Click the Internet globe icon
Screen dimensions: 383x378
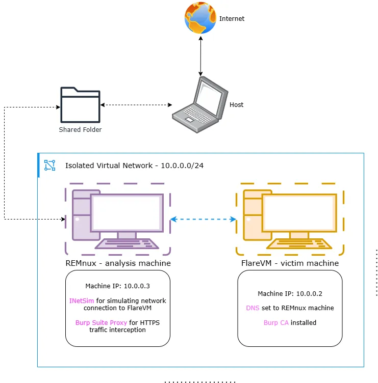pos(200,18)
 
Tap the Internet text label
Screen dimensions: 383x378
pos(232,19)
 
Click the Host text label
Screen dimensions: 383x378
pos(236,105)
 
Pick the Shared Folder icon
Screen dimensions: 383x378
pos(80,105)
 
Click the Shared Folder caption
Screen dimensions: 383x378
pos(80,130)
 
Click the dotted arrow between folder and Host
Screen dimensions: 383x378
pos(136,105)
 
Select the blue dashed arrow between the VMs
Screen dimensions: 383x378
pos(203,220)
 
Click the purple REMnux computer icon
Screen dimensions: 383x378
pos(117,219)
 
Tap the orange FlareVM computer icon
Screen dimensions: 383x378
pos(289,219)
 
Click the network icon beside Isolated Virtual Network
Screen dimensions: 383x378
pos(49,165)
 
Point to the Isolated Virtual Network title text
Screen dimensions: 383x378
pos(135,166)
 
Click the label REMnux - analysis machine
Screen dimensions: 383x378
pos(118,263)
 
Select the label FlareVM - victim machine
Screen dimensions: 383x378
pos(290,263)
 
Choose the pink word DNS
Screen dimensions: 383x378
pos(253,308)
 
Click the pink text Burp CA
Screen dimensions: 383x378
pos(276,322)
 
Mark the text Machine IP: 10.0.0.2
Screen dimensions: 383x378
pos(290,293)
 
